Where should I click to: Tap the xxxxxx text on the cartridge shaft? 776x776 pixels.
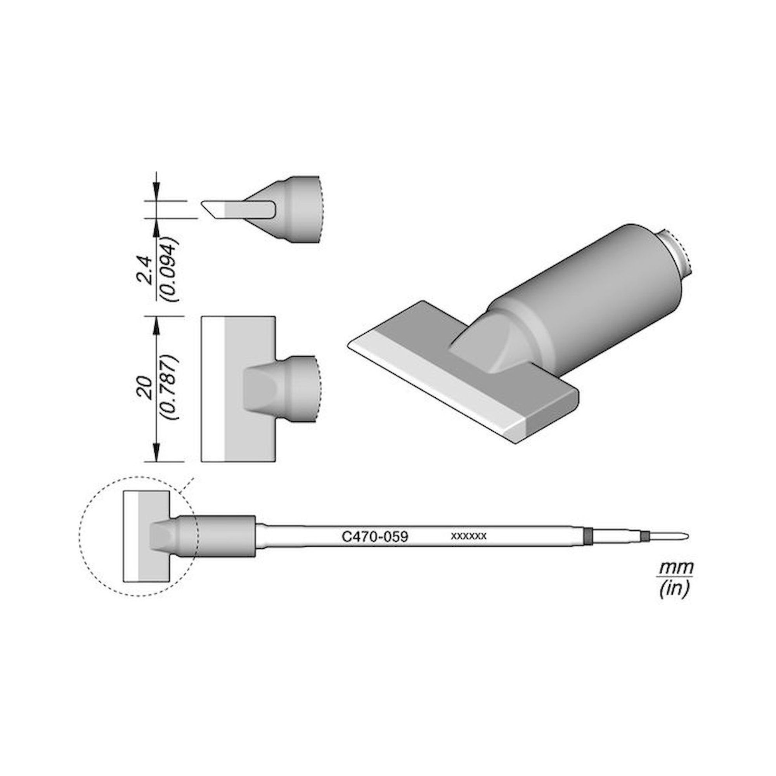coord(469,536)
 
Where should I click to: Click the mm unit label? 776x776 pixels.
coord(676,568)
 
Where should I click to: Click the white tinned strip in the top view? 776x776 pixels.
coord(213,389)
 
